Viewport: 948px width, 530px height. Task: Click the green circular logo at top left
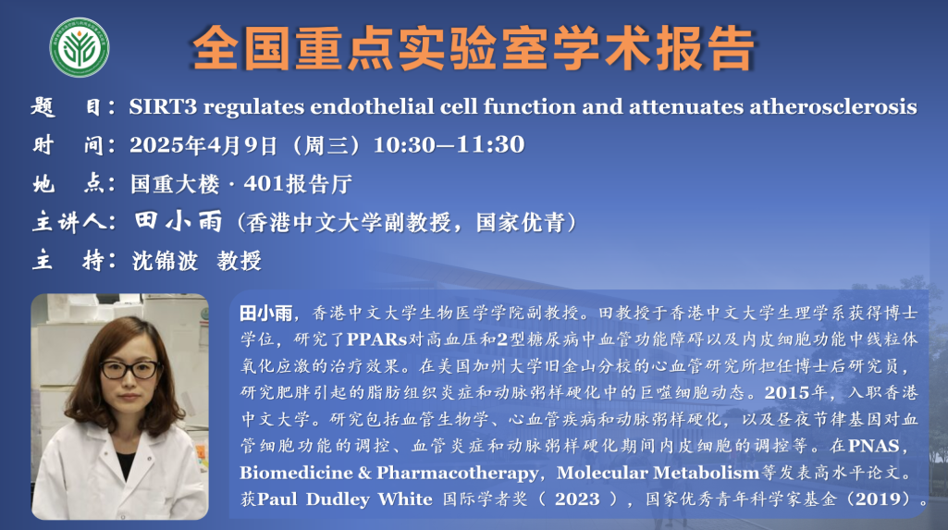pyautogui.click(x=80, y=47)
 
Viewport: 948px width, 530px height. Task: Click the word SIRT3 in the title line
pyautogui.click(x=163, y=107)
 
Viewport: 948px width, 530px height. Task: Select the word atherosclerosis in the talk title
pyautogui.click(x=833, y=107)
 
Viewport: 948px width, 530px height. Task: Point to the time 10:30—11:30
pyautogui.click(x=449, y=144)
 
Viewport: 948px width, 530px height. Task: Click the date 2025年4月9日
pyautogui.click(x=203, y=145)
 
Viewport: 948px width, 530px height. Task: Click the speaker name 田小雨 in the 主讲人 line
pyautogui.click(x=179, y=222)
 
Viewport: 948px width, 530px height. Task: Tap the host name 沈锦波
pyautogui.click(x=165, y=261)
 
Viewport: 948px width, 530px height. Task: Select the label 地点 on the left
pyautogui.click(x=73, y=183)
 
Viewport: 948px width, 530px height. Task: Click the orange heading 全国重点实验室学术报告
pyautogui.click(x=474, y=48)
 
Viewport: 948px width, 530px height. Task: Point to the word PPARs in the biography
pyautogui.click(x=376, y=339)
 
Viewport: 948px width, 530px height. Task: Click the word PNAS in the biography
pyautogui.click(x=874, y=446)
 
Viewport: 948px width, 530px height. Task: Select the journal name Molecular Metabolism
pyautogui.click(x=658, y=473)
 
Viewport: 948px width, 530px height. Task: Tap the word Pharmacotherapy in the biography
pyautogui.click(x=457, y=473)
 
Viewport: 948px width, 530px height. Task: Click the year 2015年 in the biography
pyautogui.click(x=795, y=393)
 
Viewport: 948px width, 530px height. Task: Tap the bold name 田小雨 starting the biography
pyautogui.click(x=266, y=313)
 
